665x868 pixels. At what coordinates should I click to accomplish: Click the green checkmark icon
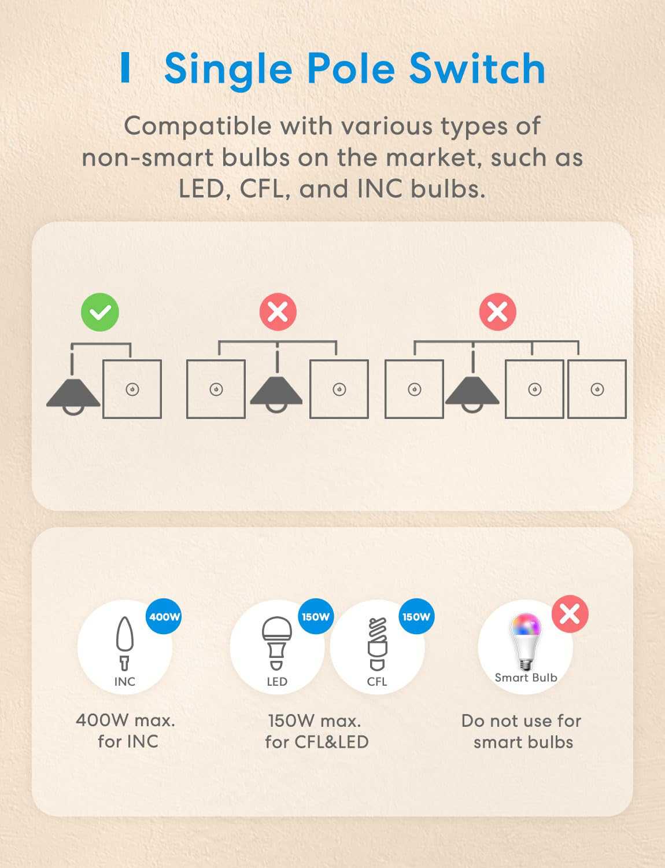tap(100, 312)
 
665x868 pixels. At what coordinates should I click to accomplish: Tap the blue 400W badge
tap(164, 617)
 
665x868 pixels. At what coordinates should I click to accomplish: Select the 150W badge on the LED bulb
tap(316, 617)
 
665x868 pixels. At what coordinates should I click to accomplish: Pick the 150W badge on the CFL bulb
tap(416, 617)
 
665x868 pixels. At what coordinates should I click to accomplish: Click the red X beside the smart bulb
tap(570, 614)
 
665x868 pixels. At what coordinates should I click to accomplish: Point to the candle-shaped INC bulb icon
tap(124, 643)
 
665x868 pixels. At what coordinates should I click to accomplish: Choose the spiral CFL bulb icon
tap(377, 644)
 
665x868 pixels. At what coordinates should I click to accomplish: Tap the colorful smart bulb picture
tap(526, 642)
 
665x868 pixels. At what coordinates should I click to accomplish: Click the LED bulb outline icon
tap(276, 643)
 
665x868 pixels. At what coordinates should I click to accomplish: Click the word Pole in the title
tap(351, 68)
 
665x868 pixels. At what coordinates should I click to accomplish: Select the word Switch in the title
tap(478, 68)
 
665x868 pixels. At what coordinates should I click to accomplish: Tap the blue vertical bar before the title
tap(125, 68)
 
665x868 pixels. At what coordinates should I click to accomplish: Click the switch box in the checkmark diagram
tap(132, 389)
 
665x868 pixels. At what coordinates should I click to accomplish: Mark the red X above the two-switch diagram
tap(278, 312)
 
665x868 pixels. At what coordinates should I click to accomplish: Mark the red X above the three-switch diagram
tap(497, 312)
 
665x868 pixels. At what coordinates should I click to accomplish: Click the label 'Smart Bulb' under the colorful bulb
tap(526, 678)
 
